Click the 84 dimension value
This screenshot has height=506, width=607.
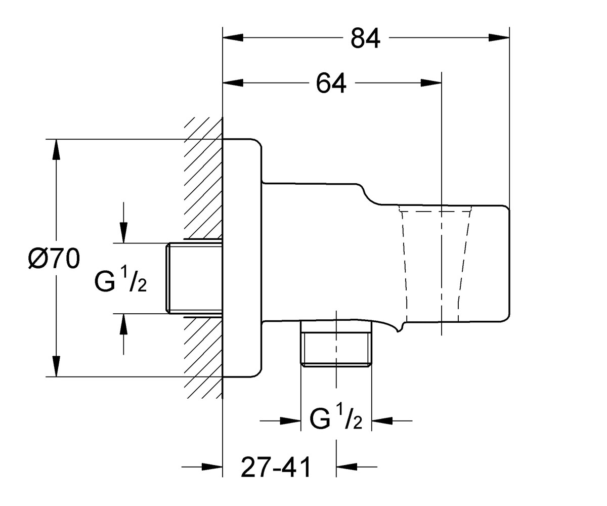365,38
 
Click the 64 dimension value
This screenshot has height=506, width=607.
331,83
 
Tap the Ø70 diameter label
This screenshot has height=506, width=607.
54,259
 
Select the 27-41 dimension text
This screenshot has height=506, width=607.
276,468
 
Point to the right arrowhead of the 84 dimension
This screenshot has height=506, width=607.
499,38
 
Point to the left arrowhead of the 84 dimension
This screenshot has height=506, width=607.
233,38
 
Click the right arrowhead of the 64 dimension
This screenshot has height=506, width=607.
431,83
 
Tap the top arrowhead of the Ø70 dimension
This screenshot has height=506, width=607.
56,149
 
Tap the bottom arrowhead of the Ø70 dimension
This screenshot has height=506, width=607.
56,366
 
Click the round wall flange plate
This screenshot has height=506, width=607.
242,258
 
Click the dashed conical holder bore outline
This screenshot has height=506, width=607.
435,264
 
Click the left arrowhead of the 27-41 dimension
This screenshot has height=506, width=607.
212,467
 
